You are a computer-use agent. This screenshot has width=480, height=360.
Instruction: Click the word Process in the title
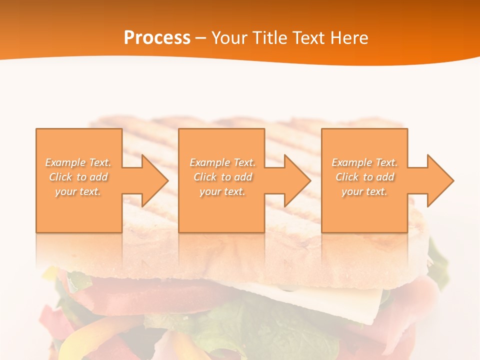157,38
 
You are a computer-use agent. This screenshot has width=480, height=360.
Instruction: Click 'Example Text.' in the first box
78,162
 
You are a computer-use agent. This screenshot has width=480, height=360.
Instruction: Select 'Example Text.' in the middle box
222,162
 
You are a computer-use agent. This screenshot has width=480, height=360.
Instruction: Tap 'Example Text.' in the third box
364,162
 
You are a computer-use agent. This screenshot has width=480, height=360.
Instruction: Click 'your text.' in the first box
78,191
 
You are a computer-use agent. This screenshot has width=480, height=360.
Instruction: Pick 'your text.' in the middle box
222,191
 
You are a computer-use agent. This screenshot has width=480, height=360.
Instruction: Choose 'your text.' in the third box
364,191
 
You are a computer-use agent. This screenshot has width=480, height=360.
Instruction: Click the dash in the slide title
201,38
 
